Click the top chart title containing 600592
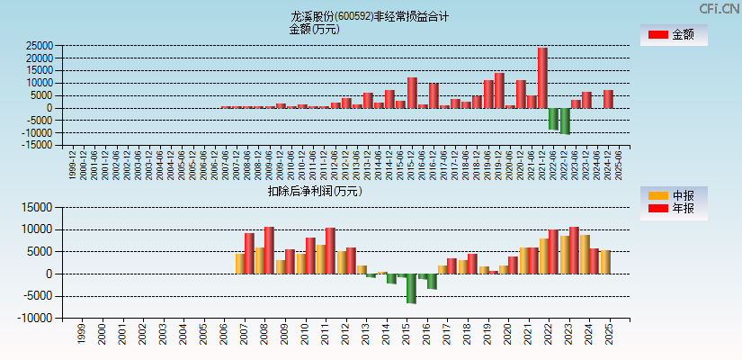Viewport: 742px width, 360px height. click(x=370, y=16)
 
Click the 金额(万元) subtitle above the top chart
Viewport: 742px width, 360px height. click(x=314, y=29)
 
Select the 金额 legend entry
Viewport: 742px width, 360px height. click(x=673, y=34)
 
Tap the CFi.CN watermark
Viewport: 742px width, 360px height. click(x=720, y=8)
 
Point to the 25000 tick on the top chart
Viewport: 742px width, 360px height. click(x=38, y=45)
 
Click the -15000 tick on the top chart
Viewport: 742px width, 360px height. click(x=36, y=145)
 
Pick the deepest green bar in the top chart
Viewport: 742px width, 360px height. click(x=565, y=121)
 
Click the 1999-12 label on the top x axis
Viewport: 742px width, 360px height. click(x=73, y=165)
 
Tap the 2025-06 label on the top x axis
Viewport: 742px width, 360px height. click(x=620, y=165)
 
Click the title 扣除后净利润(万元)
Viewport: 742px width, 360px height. click(x=314, y=191)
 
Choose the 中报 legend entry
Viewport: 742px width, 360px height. click(x=673, y=195)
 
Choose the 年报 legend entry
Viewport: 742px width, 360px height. click(x=673, y=209)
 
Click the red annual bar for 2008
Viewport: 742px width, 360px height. click(x=269, y=250)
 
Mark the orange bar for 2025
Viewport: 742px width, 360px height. click(x=605, y=262)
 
